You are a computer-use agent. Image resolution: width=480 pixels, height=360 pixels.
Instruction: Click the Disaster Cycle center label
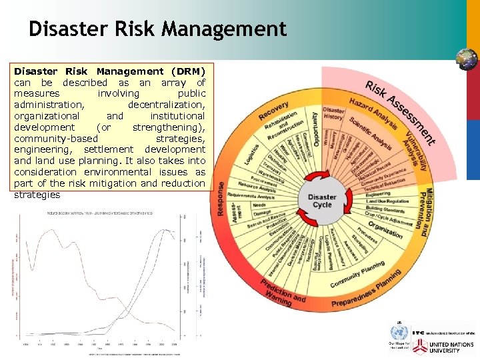coord(322,200)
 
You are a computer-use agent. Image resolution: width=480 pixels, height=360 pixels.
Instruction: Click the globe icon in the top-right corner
coord(466,60)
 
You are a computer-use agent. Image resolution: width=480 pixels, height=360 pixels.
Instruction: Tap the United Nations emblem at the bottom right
coord(398,331)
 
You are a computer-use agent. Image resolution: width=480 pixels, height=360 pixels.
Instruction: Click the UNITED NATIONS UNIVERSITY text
coord(452,347)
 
